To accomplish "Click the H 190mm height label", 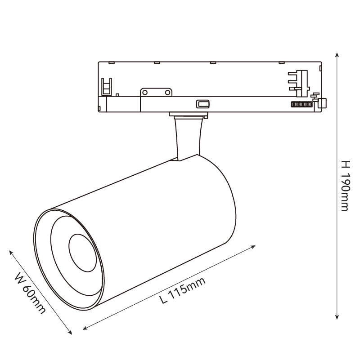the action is coord(345,186).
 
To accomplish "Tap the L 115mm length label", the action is coord(182,290).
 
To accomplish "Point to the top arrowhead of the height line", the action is coord(337,55).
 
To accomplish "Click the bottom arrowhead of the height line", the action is coord(337,317).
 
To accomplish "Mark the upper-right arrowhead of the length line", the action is coord(253,247).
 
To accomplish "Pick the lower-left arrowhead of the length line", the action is coord(85,328).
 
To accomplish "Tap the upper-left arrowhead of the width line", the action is coord(11,252).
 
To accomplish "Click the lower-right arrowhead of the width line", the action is coord(70,332).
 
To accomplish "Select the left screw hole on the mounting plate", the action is coord(145,93).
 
